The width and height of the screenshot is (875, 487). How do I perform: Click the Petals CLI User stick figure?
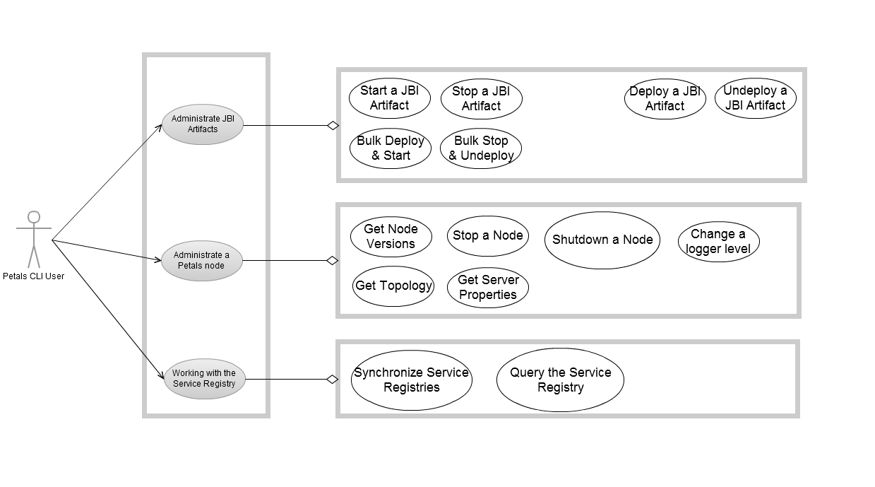[33, 238]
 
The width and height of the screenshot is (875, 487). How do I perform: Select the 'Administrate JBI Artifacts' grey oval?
[203, 124]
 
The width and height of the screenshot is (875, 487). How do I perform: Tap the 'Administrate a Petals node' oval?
[202, 261]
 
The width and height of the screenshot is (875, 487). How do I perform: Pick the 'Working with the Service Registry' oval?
[204, 379]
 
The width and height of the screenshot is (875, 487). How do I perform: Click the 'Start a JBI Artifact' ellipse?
[389, 98]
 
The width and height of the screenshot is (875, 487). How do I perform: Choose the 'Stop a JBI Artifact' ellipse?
[481, 98]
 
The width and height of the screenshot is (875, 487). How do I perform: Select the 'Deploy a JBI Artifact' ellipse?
[665, 99]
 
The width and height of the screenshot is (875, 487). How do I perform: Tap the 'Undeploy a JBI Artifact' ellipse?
[755, 98]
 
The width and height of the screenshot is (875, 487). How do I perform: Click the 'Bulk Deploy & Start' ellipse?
[390, 148]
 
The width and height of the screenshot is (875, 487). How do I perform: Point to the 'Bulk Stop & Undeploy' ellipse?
[481, 148]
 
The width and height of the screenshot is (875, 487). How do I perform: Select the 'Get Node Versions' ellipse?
[391, 237]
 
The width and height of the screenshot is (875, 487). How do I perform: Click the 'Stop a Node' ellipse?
[487, 236]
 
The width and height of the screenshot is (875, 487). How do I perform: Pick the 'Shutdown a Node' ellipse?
[602, 240]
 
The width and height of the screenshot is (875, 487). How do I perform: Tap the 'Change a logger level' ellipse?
[718, 242]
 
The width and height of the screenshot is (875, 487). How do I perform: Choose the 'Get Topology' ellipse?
[393, 286]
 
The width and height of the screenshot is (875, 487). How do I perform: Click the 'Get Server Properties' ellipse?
[487, 288]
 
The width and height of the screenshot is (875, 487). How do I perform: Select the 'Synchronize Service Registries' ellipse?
[411, 380]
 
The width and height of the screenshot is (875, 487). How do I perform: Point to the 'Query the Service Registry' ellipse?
[560, 380]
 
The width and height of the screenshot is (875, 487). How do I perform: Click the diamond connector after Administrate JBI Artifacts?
[333, 126]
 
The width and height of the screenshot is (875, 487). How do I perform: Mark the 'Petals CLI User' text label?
[33, 276]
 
